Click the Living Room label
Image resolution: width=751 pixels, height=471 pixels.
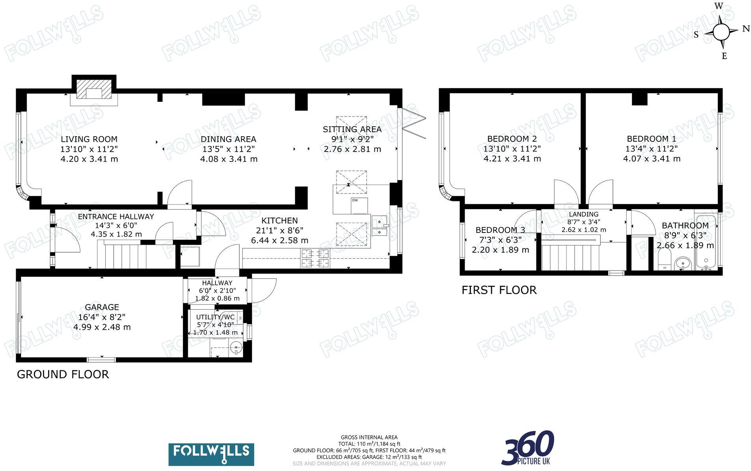click(x=89, y=139)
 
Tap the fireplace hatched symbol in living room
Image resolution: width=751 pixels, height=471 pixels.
click(x=94, y=89)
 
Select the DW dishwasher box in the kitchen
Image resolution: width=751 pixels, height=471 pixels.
click(x=359, y=205)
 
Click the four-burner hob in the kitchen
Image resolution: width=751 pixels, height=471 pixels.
click(x=315, y=258)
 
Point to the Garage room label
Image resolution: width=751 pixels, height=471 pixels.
click(x=102, y=307)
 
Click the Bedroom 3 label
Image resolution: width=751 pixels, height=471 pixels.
click(x=500, y=230)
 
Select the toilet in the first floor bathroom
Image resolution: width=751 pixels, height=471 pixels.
click(x=663, y=262)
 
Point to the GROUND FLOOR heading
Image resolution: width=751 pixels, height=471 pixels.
click(x=63, y=374)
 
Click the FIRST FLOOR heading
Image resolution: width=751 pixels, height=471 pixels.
click(x=499, y=290)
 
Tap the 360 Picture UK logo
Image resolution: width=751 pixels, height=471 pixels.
click(x=529, y=448)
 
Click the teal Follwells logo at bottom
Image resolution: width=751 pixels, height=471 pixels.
click(x=211, y=454)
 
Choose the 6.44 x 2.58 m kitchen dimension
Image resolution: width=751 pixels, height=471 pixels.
click(x=279, y=240)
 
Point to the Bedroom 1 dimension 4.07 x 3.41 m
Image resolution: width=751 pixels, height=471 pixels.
click(x=651, y=159)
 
